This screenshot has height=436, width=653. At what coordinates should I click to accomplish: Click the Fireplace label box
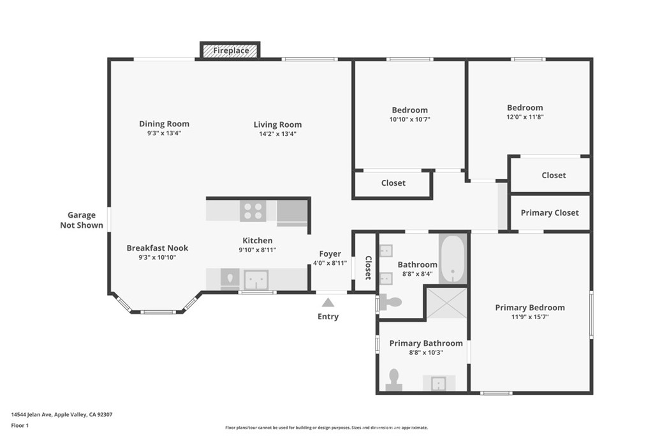(x=230, y=50)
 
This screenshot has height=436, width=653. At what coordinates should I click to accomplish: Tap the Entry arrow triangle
(x=328, y=303)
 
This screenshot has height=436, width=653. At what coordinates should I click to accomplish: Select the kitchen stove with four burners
(x=253, y=211)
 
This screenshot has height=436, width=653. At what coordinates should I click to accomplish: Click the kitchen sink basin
(x=256, y=280)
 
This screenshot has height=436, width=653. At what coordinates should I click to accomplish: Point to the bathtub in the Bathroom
(x=453, y=259)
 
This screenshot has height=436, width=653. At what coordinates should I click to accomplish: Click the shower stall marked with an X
(x=446, y=303)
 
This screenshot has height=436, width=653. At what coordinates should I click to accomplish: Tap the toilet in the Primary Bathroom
(x=393, y=380)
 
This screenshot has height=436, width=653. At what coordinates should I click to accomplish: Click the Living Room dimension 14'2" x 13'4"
(x=277, y=134)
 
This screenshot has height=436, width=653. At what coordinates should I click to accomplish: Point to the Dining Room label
(x=164, y=124)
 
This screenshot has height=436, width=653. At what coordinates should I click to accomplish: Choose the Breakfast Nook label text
(x=158, y=248)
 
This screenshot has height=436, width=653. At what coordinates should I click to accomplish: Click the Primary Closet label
(x=550, y=213)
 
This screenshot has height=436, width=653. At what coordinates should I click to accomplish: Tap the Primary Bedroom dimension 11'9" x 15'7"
(x=530, y=317)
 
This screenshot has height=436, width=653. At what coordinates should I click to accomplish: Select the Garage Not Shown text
(x=82, y=220)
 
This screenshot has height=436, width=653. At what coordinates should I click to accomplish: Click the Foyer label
(x=330, y=254)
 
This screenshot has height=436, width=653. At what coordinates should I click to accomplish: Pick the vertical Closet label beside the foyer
(x=368, y=267)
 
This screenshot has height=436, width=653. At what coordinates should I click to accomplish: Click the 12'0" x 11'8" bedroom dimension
(x=525, y=117)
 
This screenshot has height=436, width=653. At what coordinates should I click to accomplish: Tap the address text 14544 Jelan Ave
(x=31, y=415)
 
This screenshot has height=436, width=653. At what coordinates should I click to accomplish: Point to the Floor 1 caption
(x=20, y=426)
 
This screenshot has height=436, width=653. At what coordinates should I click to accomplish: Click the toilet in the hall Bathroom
(x=390, y=302)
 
